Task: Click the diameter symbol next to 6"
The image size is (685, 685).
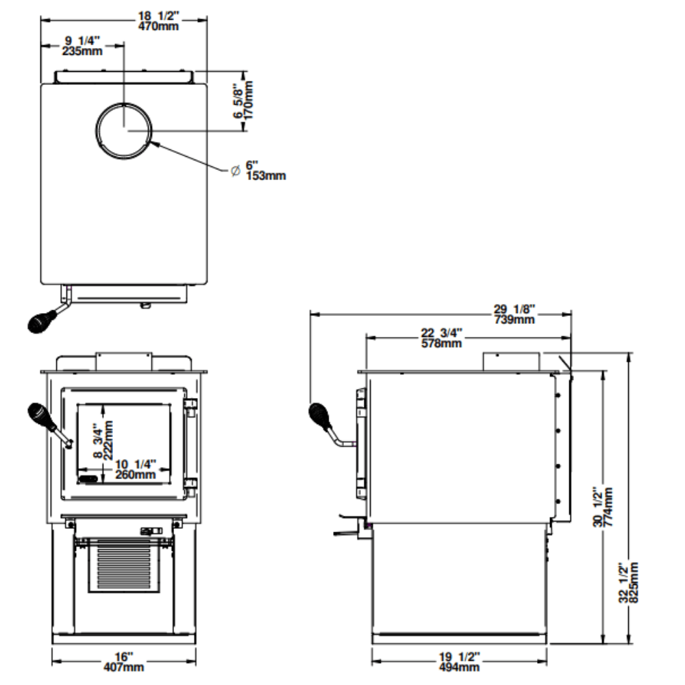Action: click(x=234, y=170)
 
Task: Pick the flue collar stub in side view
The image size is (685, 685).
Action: click(x=512, y=361)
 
